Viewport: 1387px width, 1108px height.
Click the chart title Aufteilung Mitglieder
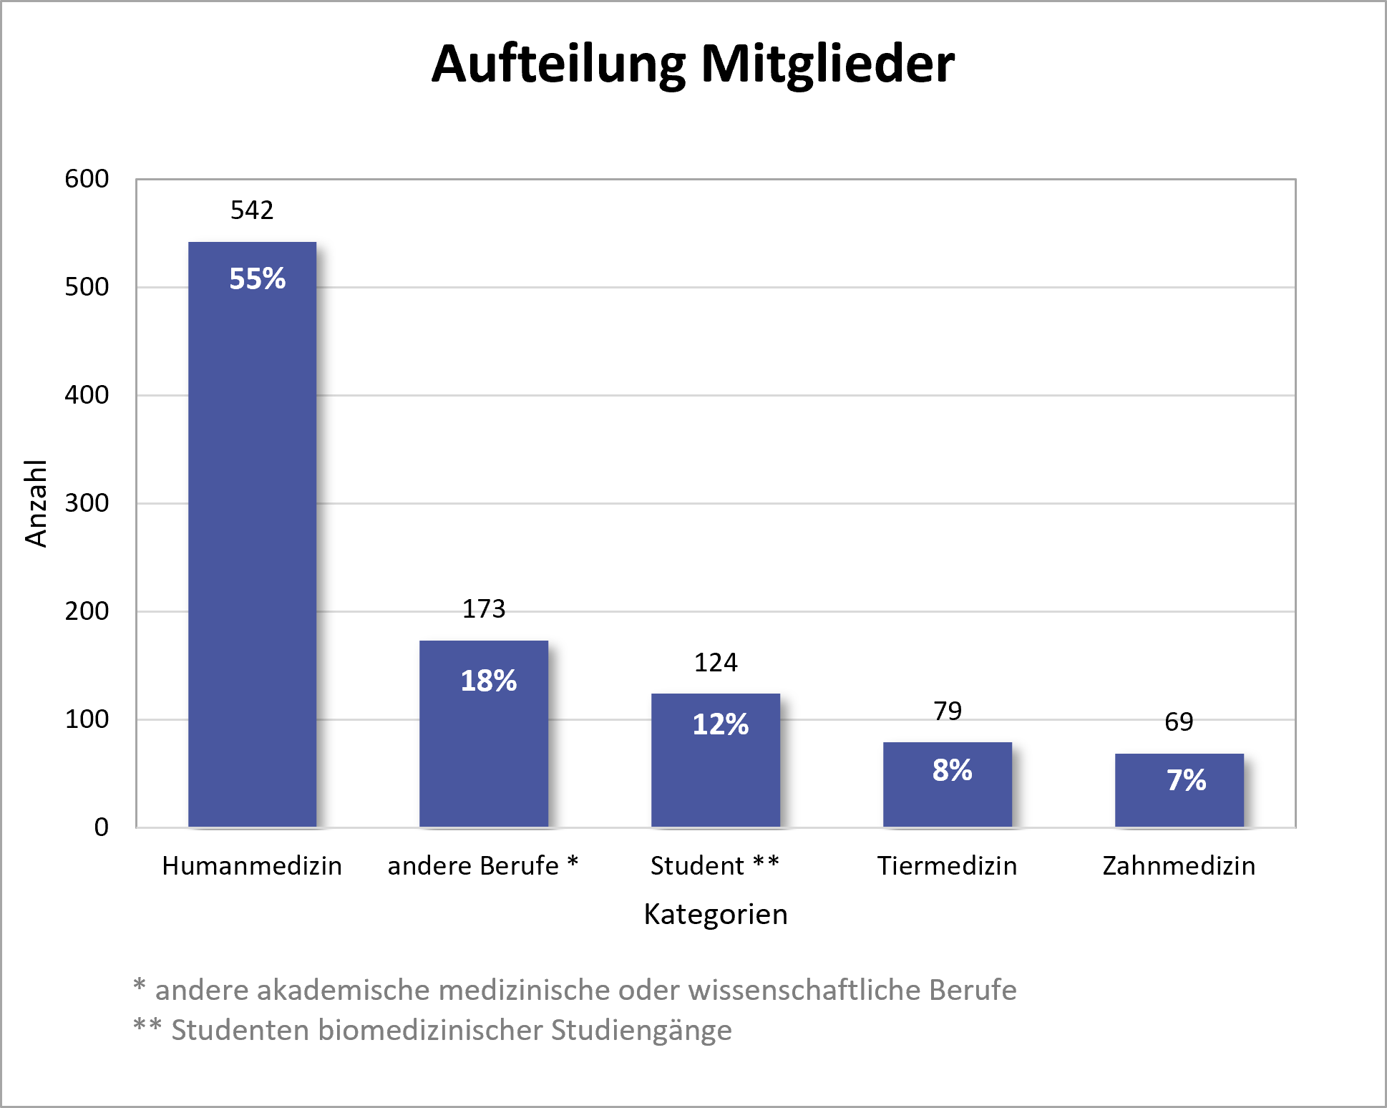coord(693,64)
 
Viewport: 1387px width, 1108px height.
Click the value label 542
coord(252,210)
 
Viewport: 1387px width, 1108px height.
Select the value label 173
coord(484,609)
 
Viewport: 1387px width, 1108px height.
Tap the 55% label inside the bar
coord(257,278)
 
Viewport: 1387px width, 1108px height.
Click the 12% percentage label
coord(720,724)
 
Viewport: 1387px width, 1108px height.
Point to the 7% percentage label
coord(1186,780)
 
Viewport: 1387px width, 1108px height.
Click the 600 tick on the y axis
coord(87,179)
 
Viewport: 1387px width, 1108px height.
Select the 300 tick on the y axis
coord(87,503)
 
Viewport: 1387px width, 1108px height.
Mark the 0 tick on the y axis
coord(102,827)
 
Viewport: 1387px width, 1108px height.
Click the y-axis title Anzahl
coord(36,503)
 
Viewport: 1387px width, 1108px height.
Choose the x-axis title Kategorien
coord(716,915)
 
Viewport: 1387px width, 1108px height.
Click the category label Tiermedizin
coord(947,866)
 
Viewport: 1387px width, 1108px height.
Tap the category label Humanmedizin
coord(252,866)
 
